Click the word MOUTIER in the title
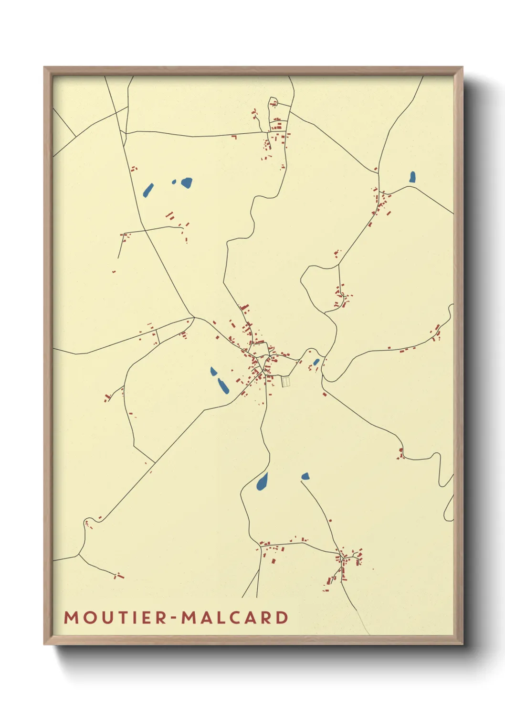(x=115, y=618)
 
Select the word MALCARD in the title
(x=235, y=618)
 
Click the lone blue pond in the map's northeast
(x=412, y=177)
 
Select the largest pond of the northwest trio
(x=186, y=182)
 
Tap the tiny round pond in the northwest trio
(x=174, y=182)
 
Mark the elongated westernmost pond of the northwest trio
(x=148, y=190)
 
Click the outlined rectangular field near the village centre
(x=286, y=381)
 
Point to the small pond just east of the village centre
(x=316, y=362)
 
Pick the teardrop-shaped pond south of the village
(x=262, y=482)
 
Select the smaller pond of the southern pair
(x=305, y=476)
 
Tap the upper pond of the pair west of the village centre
(x=213, y=371)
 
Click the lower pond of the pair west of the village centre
(x=222, y=386)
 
